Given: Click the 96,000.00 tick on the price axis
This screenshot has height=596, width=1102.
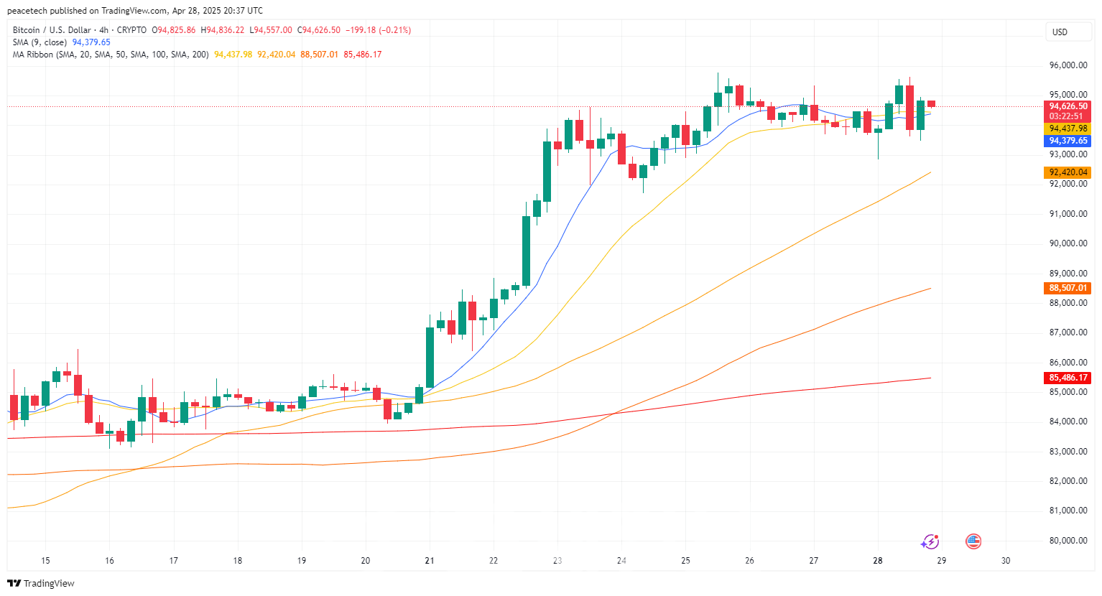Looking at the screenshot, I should [1068, 65].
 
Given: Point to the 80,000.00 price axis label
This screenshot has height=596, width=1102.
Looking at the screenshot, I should [1068, 541].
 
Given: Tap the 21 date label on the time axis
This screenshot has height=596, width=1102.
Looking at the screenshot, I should [430, 561].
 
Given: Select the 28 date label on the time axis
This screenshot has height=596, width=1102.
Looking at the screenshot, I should [877, 561].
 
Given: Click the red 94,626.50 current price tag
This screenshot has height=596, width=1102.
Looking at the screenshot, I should [1068, 106].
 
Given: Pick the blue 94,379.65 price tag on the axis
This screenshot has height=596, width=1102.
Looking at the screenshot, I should [1068, 141].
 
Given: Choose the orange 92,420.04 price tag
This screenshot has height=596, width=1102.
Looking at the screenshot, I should [1068, 172].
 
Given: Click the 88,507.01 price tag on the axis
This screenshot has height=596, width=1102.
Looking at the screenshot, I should [1068, 288].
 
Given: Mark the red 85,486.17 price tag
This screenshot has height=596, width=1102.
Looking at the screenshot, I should [1068, 378].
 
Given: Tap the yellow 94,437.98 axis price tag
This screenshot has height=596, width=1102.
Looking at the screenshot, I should [1068, 129].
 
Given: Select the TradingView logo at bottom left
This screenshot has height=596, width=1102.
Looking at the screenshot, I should [41, 583].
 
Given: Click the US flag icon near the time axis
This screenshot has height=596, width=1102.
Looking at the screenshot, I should [973, 541].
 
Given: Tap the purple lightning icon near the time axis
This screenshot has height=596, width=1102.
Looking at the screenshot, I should [930, 541].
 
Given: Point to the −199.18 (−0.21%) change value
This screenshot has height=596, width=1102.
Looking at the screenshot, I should [378, 30].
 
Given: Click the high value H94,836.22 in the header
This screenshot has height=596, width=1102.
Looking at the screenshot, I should [222, 30].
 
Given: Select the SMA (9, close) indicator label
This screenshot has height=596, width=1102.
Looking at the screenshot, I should [40, 42].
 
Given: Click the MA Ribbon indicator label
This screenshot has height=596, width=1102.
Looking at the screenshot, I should [32, 55].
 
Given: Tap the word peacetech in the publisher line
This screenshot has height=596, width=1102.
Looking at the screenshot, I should [27, 11].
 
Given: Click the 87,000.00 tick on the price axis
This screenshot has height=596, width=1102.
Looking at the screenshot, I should [1068, 332].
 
